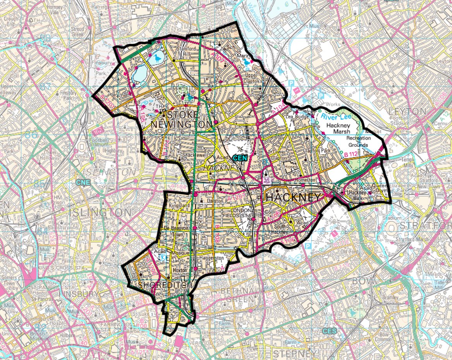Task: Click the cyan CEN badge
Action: click(240, 158)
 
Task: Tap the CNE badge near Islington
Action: click(82, 182)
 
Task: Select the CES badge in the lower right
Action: click(329, 331)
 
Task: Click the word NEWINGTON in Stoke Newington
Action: click(181, 124)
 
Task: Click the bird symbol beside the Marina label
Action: click(252, 61)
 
